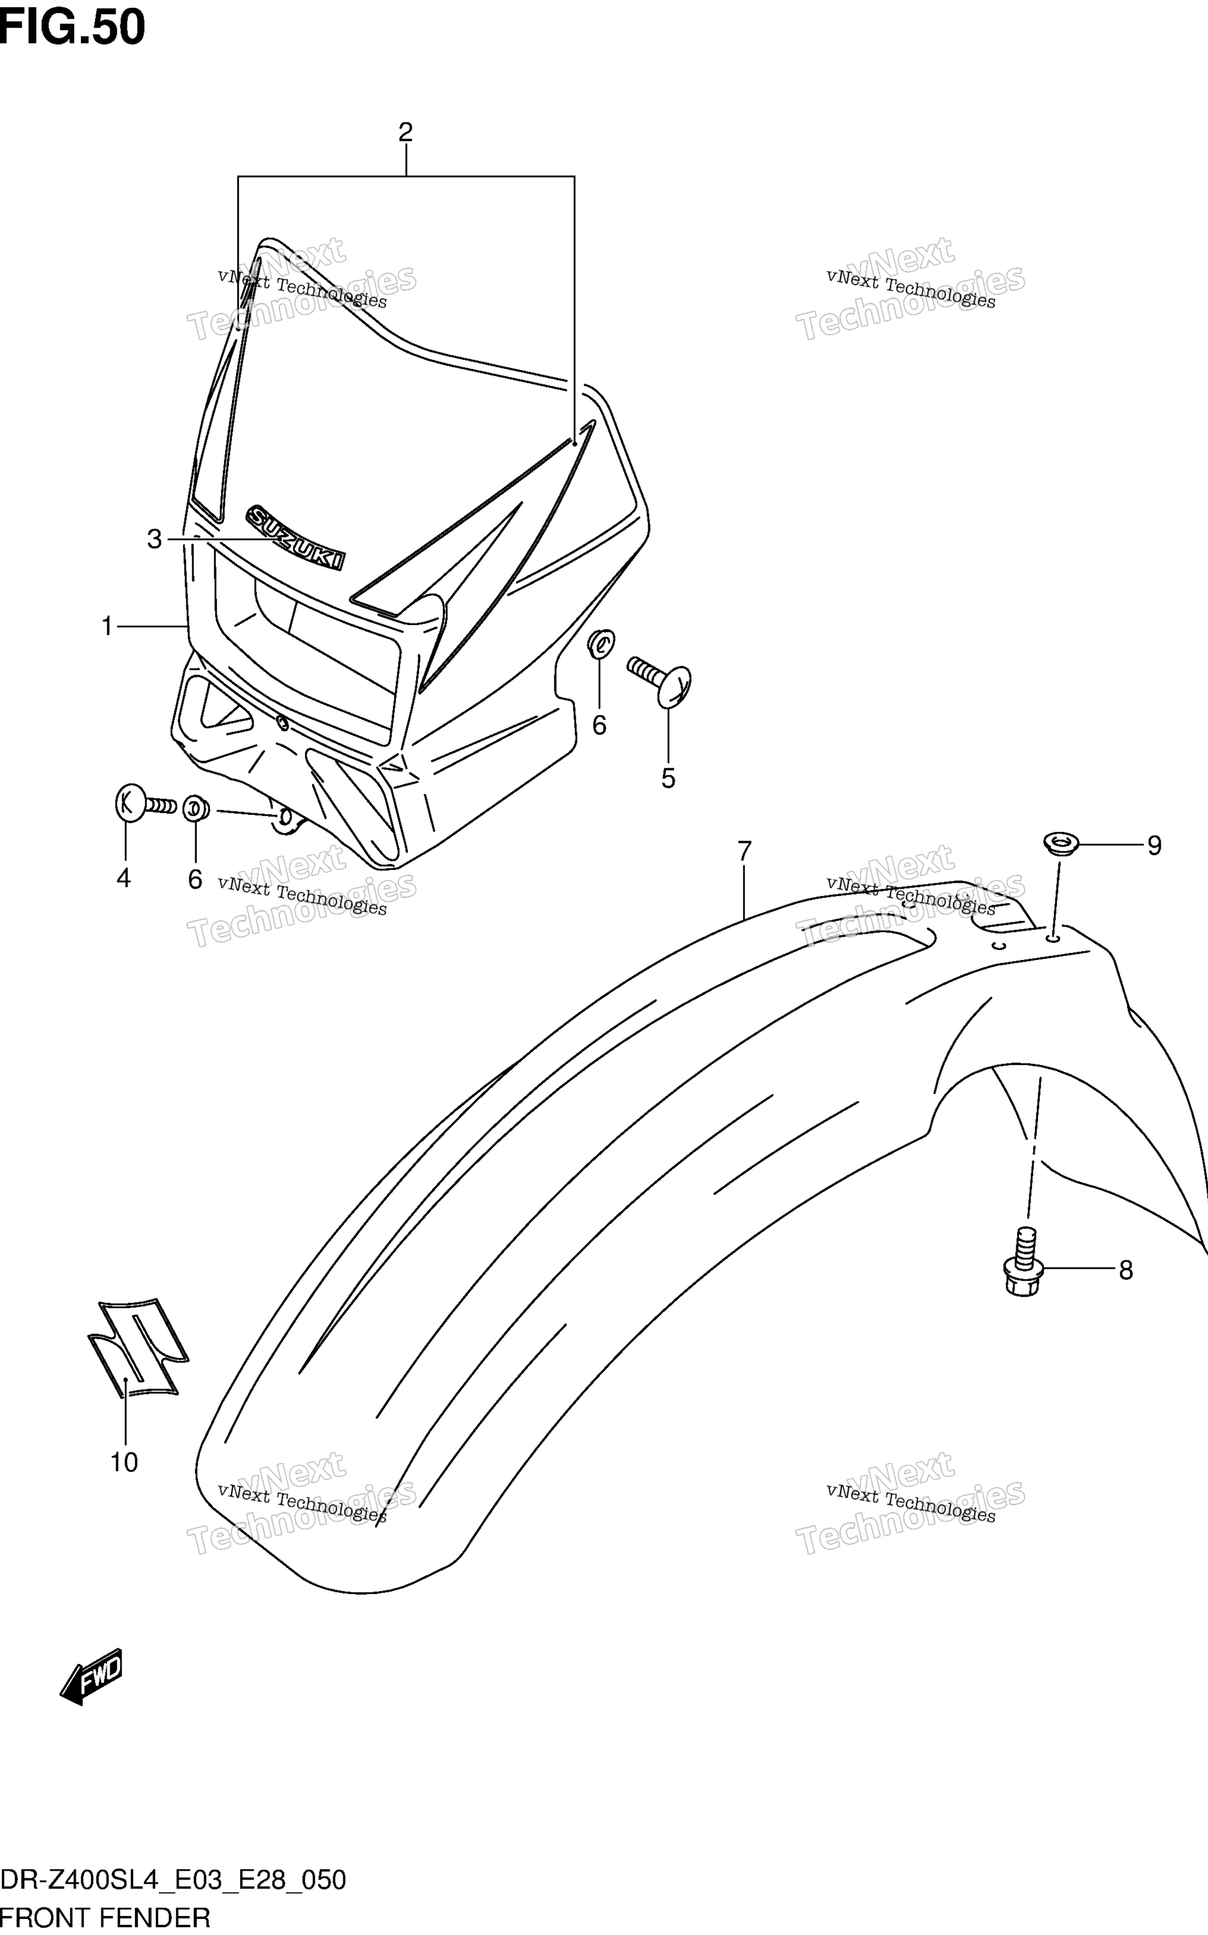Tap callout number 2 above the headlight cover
coord(405,132)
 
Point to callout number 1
coord(106,627)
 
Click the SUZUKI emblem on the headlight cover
coord(296,537)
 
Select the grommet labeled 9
coord(1061,843)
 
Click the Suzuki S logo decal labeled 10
coord(137,1349)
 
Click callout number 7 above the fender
coord(744,851)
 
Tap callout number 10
coord(124,1463)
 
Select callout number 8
coord(1125,1270)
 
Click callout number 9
coord(1154,846)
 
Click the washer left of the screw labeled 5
coord(601,643)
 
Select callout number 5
coord(668,778)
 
